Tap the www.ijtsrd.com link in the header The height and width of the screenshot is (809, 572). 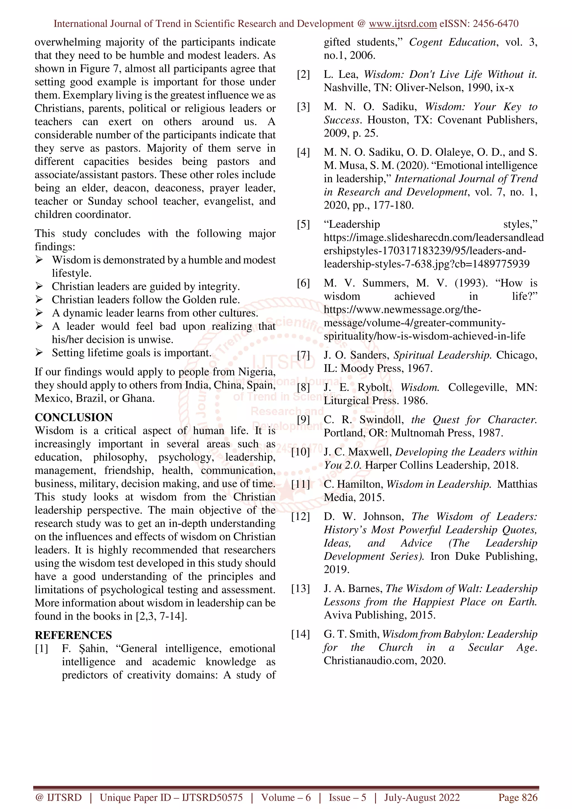[403, 24]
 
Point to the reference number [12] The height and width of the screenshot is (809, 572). [300, 516]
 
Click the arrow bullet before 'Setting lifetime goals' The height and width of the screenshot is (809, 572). [39, 353]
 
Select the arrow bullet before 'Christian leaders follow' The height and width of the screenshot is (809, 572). [39, 300]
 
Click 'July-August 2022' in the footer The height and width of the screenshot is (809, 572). [421, 797]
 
